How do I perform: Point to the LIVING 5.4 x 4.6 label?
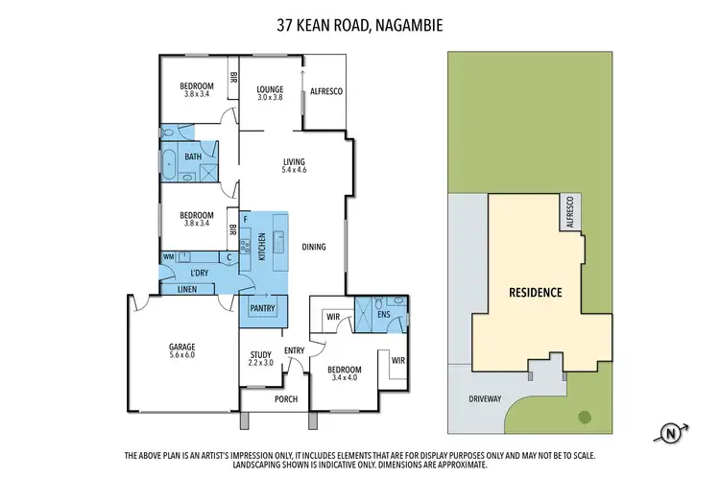point(294,165)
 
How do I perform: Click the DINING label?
point(314,248)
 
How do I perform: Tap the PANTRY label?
point(262,308)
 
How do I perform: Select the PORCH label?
point(286,399)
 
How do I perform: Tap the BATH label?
point(193,157)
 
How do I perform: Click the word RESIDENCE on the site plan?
point(536,292)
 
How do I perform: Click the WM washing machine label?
point(169,257)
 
